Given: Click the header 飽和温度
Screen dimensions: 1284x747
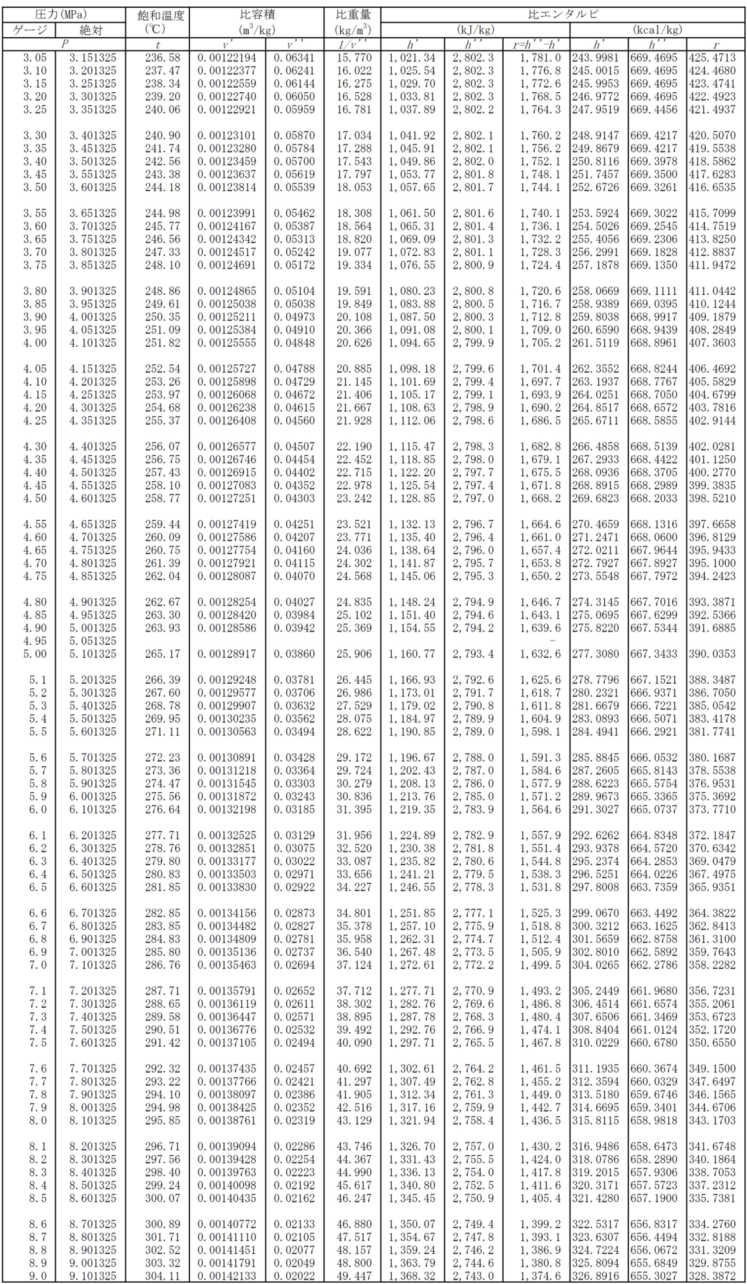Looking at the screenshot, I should (160, 16).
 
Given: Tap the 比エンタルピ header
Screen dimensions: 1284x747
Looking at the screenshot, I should (563, 14).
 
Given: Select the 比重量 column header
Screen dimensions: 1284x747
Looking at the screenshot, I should (354, 16).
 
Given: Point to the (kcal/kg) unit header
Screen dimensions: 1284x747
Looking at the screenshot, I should (657, 29).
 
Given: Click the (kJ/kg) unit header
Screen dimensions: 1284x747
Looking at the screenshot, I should (475, 29).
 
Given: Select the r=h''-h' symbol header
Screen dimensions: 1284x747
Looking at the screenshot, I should (536, 44).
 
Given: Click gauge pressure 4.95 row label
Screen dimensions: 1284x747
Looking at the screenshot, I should (35, 641).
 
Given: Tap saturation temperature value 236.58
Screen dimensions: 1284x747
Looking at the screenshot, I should (162, 58).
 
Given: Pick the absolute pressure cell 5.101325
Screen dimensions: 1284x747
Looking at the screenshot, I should (93, 653).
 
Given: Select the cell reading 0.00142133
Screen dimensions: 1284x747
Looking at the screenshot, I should (227, 1275).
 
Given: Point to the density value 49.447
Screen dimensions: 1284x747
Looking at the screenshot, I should (354, 1275).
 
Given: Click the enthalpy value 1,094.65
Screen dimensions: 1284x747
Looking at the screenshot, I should (412, 342).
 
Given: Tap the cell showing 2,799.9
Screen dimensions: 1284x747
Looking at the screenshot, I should (473, 342).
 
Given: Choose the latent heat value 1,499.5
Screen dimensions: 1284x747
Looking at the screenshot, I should (540, 965).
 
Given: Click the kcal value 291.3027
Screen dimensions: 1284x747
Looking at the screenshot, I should (595, 809).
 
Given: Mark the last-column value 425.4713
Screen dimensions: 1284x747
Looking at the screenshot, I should (712, 58).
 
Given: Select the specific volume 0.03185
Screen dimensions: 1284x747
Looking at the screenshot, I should (294, 809).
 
